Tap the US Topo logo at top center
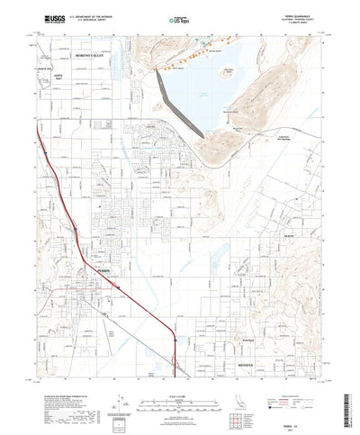(x=181, y=18)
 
